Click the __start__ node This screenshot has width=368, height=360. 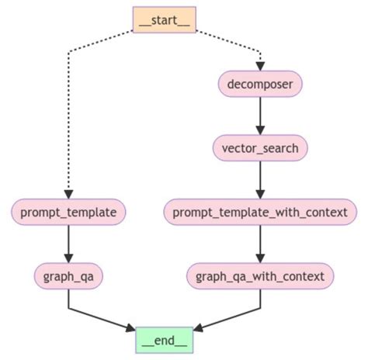(x=164, y=18)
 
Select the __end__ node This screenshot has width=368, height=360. (x=164, y=340)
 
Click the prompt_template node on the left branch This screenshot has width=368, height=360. (x=68, y=210)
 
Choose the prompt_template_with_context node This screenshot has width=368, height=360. (x=260, y=210)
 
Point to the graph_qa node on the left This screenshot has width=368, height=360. (x=68, y=275)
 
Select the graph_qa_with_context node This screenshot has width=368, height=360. (x=260, y=275)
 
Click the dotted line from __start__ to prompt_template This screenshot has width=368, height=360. (x=68, y=124)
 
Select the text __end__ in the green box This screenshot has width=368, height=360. (x=164, y=340)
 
